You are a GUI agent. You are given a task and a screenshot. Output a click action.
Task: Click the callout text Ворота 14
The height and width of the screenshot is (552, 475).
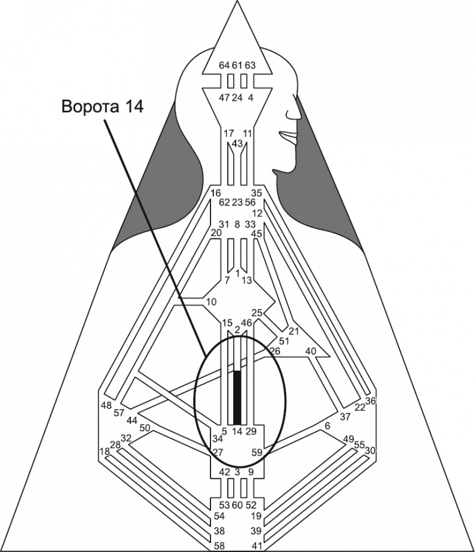(x=102, y=106)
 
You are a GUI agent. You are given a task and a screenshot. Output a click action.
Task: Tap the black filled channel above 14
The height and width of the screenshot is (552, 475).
(x=237, y=397)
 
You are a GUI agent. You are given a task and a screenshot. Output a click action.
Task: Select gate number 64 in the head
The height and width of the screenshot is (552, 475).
(x=224, y=65)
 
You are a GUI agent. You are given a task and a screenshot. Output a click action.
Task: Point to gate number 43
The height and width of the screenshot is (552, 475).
(x=237, y=144)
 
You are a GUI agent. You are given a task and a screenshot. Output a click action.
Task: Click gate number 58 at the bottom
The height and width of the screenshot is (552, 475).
(x=221, y=545)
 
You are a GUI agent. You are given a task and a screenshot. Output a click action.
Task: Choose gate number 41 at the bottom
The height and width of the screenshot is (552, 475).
(x=256, y=545)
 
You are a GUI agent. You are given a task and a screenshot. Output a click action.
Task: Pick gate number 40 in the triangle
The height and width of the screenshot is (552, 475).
(x=311, y=351)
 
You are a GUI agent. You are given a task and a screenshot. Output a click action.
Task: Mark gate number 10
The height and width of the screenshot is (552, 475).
(x=210, y=301)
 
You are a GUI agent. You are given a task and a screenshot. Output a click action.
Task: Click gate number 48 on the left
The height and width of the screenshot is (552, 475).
(x=106, y=405)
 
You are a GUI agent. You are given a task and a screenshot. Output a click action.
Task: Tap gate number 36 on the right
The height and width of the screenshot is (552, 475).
(x=370, y=401)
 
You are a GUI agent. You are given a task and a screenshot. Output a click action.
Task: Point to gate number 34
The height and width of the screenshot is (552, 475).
(x=217, y=441)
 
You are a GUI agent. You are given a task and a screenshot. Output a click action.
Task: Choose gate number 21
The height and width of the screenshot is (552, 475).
(x=294, y=331)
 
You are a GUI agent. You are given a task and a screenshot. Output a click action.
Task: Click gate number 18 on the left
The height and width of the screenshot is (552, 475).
(x=105, y=452)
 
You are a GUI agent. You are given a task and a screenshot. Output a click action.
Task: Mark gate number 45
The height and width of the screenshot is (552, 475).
(x=257, y=234)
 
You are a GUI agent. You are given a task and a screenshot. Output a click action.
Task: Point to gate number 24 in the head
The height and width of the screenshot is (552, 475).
(x=237, y=97)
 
